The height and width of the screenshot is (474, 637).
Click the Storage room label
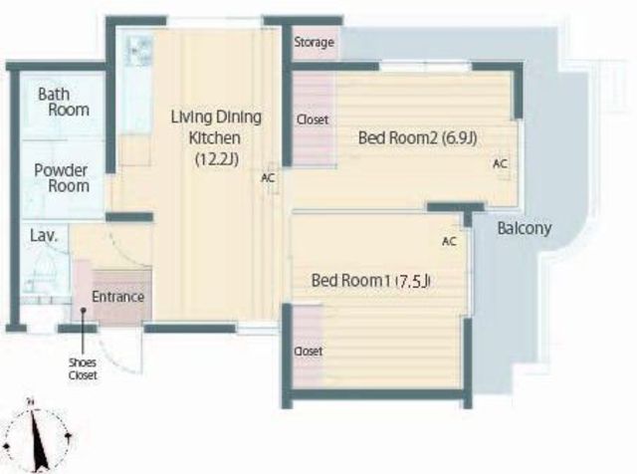coord(315,42)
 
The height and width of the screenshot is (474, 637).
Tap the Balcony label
coord(525,228)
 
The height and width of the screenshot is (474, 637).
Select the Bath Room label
coord(64,102)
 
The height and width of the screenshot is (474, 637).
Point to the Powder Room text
coord(62,178)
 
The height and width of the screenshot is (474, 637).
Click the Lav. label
coord(44,236)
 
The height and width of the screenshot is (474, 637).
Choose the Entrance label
coord(117,297)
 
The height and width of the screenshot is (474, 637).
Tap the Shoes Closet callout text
coord(83,369)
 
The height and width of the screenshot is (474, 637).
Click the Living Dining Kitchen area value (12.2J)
coord(217,159)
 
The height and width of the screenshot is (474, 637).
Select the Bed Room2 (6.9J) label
coord(417,138)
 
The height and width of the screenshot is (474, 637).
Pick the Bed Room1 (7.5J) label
coord(371,281)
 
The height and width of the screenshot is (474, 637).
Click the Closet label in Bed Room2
coord(313,119)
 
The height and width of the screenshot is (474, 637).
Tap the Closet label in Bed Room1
coord(309,352)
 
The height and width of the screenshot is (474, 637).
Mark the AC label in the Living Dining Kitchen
coord(268,178)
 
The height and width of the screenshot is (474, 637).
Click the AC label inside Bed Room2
coord(500,163)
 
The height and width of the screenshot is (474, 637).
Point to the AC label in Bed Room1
coord(449,241)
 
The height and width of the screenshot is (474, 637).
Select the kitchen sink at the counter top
coord(139,51)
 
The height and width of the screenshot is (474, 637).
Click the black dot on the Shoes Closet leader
coord(83,310)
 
